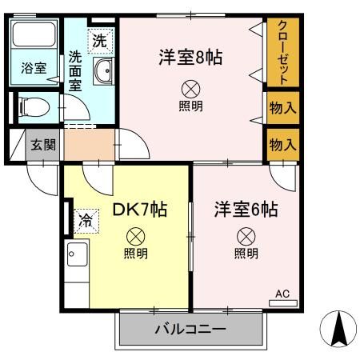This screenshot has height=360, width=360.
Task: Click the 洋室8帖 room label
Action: pyautogui.click(x=190, y=58)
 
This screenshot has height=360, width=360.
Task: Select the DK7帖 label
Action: pyautogui.click(x=139, y=210)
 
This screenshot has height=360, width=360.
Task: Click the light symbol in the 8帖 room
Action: pyautogui.click(x=190, y=88)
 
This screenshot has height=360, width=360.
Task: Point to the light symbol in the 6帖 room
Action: pyautogui.click(x=246, y=236)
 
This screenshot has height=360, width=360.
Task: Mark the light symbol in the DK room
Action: pyautogui.click(x=136, y=236)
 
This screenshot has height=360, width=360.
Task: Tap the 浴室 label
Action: pyautogui.click(x=34, y=69)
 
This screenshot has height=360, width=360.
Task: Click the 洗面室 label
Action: pyautogui.click(x=74, y=70)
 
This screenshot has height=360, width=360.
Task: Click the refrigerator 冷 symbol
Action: pyautogui.click(x=85, y=218)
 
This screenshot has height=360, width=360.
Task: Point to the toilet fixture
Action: pyautogui.click(x=34, y=106)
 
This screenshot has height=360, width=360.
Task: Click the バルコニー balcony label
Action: pyautogui.click(x=190, y=329)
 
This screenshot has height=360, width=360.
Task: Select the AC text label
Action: pyautogui.click(x=282, y=294)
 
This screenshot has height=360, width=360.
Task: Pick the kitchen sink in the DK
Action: pyautogui.click(x=78, y=256)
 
